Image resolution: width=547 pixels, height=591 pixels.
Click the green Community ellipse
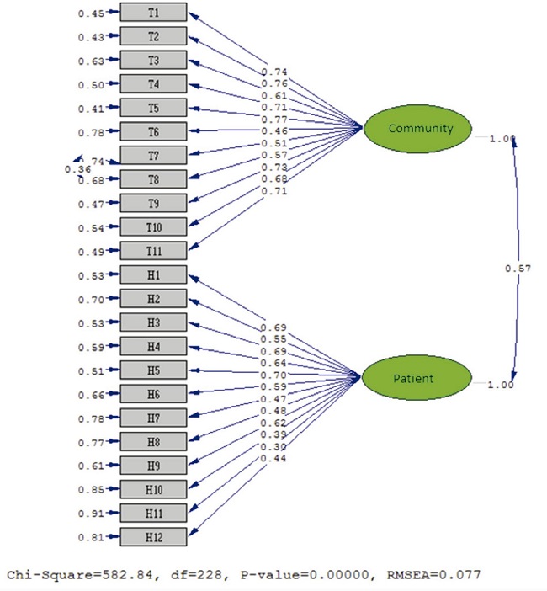pos(420,128)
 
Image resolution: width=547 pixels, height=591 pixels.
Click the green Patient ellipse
pos(413,378)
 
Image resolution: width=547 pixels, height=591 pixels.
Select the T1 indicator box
pos(153,13)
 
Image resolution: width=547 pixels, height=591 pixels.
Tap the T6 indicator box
pos(153,131)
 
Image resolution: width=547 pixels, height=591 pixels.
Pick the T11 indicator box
pos(153,250)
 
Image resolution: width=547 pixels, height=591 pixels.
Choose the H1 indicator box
pos(153,274)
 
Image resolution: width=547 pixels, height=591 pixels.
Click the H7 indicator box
pos(153,418)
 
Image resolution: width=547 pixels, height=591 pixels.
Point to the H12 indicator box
pos(153,536)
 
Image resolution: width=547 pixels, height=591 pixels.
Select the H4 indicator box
pos(153,346)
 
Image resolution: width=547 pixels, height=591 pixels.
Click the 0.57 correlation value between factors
pos(516,268)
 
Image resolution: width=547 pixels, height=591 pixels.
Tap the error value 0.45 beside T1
pos(90,13)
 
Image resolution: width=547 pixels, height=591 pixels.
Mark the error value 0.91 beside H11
pos(90,513)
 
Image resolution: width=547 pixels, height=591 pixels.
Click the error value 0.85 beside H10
pos(90,489)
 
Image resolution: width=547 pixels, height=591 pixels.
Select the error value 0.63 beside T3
pos(90,61)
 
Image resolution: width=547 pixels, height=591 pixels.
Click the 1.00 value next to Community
pos(500,138)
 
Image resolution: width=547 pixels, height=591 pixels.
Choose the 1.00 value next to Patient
pos(500,384)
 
